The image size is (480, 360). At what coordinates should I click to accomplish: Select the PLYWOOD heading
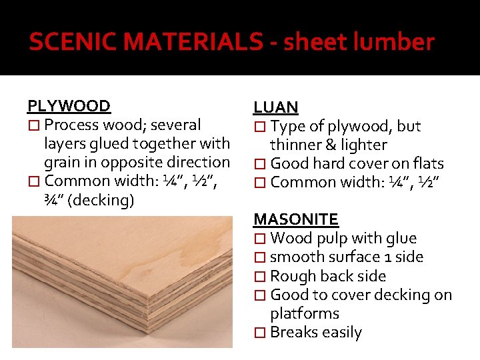[x=69, y=106]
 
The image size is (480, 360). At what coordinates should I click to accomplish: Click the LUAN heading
[x=275, y=107]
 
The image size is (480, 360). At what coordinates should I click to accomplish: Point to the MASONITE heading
[x=296, y=219]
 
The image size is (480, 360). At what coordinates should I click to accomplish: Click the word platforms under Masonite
[x=305, y=313]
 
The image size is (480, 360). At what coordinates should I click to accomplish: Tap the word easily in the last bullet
[x=340, y=332]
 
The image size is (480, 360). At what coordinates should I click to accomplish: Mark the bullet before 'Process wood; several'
[x=33, y=125]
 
